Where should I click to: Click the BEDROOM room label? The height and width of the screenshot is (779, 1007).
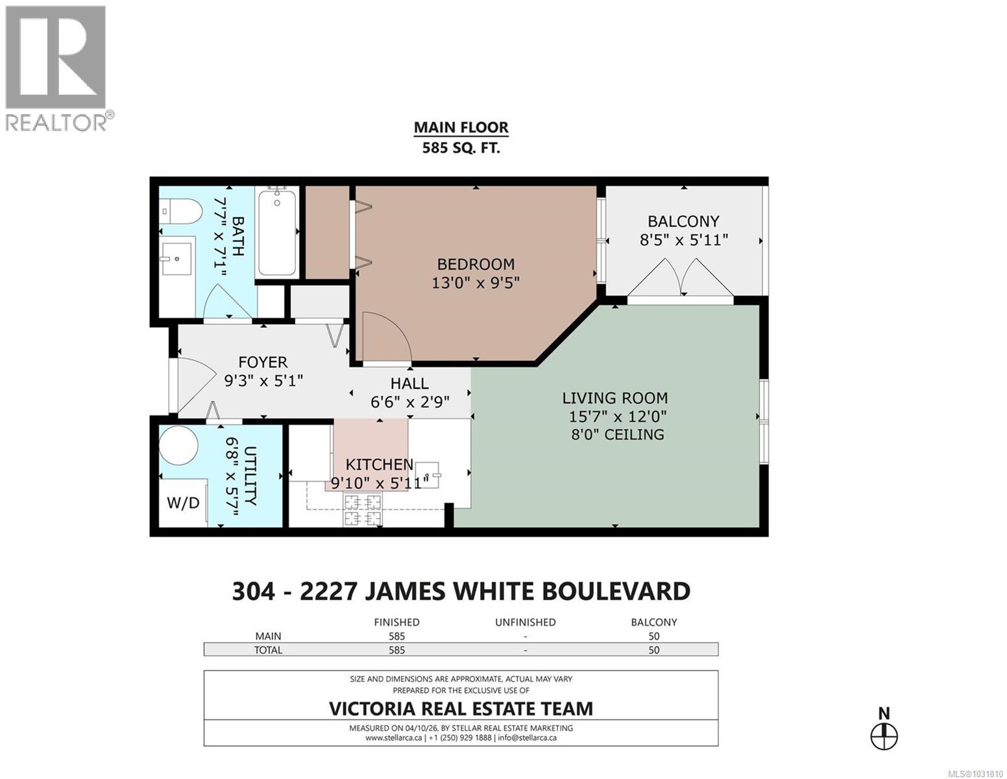coord(476,264)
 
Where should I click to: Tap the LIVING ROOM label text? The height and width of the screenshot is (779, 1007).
coord(614,398)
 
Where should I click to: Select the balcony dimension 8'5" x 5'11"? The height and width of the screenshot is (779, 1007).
coord(684,240)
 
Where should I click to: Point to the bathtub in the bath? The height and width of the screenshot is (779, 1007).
coord(277,232)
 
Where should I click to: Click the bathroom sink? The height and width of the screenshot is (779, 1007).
coord(176,260)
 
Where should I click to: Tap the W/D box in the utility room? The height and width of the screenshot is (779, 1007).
coord(183,502)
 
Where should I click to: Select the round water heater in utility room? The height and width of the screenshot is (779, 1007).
coord(178,446)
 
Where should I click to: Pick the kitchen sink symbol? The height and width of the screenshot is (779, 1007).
coord(427,474)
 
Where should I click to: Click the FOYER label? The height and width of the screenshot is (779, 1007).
coord(263,362)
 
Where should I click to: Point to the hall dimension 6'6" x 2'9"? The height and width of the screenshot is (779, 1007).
coord(410,402)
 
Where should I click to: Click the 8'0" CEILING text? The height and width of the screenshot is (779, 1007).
coord(614,434)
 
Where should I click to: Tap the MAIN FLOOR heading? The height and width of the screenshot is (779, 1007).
coord(461,128)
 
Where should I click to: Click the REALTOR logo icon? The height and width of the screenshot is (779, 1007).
coord(55,58)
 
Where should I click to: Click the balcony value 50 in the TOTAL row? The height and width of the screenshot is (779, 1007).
coord(653,650)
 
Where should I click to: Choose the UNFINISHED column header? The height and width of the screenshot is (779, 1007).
coord(525,622)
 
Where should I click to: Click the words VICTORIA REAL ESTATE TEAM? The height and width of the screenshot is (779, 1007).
coord(461,708)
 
